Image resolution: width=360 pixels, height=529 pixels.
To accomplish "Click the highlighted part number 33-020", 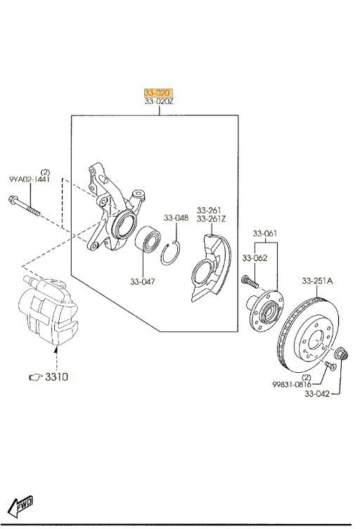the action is (158, 93).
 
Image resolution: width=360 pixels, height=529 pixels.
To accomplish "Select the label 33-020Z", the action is (159, 101).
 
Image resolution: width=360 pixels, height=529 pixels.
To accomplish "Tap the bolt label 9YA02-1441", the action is (30, 179).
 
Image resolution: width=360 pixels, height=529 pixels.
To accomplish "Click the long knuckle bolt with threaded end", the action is (24, 205).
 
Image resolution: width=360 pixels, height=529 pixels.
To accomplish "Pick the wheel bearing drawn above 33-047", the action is (148, 239).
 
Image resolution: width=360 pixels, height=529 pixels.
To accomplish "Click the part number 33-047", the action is (143, 281).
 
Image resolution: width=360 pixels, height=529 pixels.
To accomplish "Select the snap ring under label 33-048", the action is (170, 253).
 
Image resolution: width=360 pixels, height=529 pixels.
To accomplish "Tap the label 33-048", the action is (176, 218).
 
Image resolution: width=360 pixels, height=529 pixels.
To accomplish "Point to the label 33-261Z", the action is (212, 219).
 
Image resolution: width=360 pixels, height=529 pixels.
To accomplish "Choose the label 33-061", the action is (265, 234).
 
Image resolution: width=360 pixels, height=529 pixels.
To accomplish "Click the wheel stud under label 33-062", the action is (250, 281).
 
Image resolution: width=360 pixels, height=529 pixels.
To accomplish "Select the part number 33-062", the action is (255, 258).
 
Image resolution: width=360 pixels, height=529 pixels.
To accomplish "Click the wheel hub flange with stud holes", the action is (265, 311).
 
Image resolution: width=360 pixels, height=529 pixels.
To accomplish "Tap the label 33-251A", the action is (317, 281).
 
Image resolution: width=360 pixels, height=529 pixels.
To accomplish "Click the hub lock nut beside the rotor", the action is (341, 354).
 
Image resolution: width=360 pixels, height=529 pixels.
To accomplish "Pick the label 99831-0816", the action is (292, 384).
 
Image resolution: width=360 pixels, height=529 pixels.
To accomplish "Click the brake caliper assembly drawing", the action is (49, 310).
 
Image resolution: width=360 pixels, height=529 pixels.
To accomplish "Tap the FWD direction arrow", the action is (20, 506).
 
